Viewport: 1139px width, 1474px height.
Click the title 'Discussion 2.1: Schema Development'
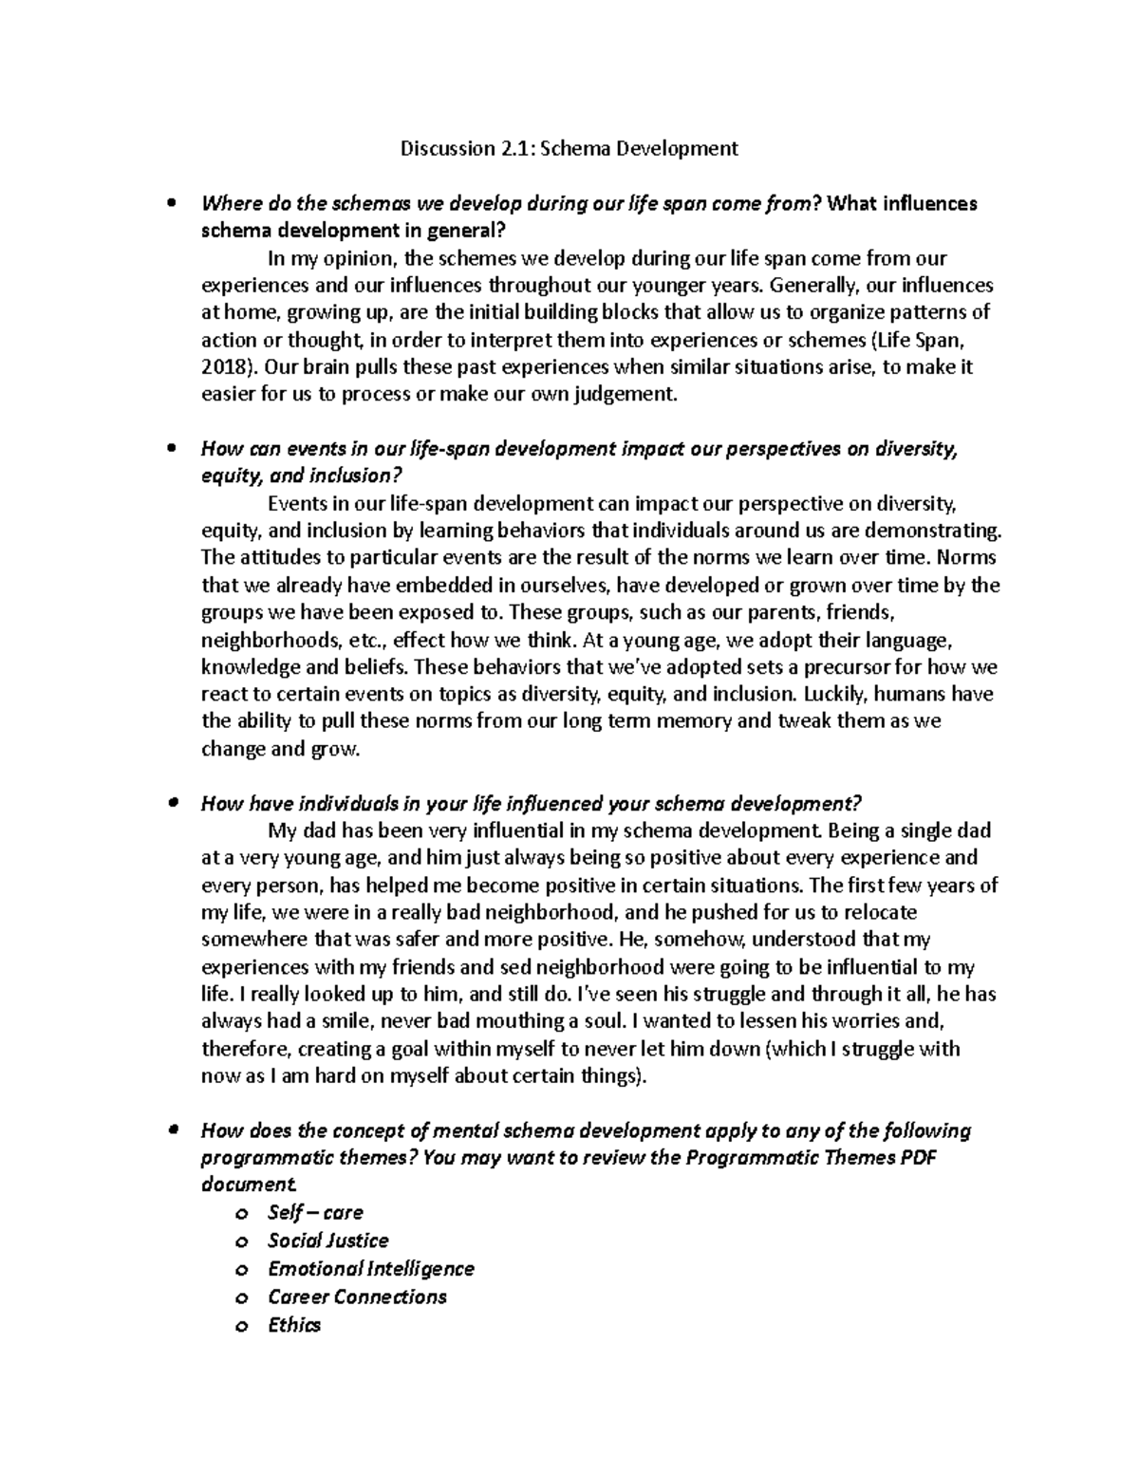click(x=569, y=148)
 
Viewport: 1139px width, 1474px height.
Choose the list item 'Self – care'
click(x=315, y=1213)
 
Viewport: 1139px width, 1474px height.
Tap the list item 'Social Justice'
click(x=327, y=1241)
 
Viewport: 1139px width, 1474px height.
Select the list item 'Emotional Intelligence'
click(x=370, y=1269)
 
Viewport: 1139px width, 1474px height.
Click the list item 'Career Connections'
click(x=357, y=1297)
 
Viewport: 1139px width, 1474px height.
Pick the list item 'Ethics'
click(x=294, y=1326)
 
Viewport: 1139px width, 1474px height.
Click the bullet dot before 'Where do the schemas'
click(x=172, y=203)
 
